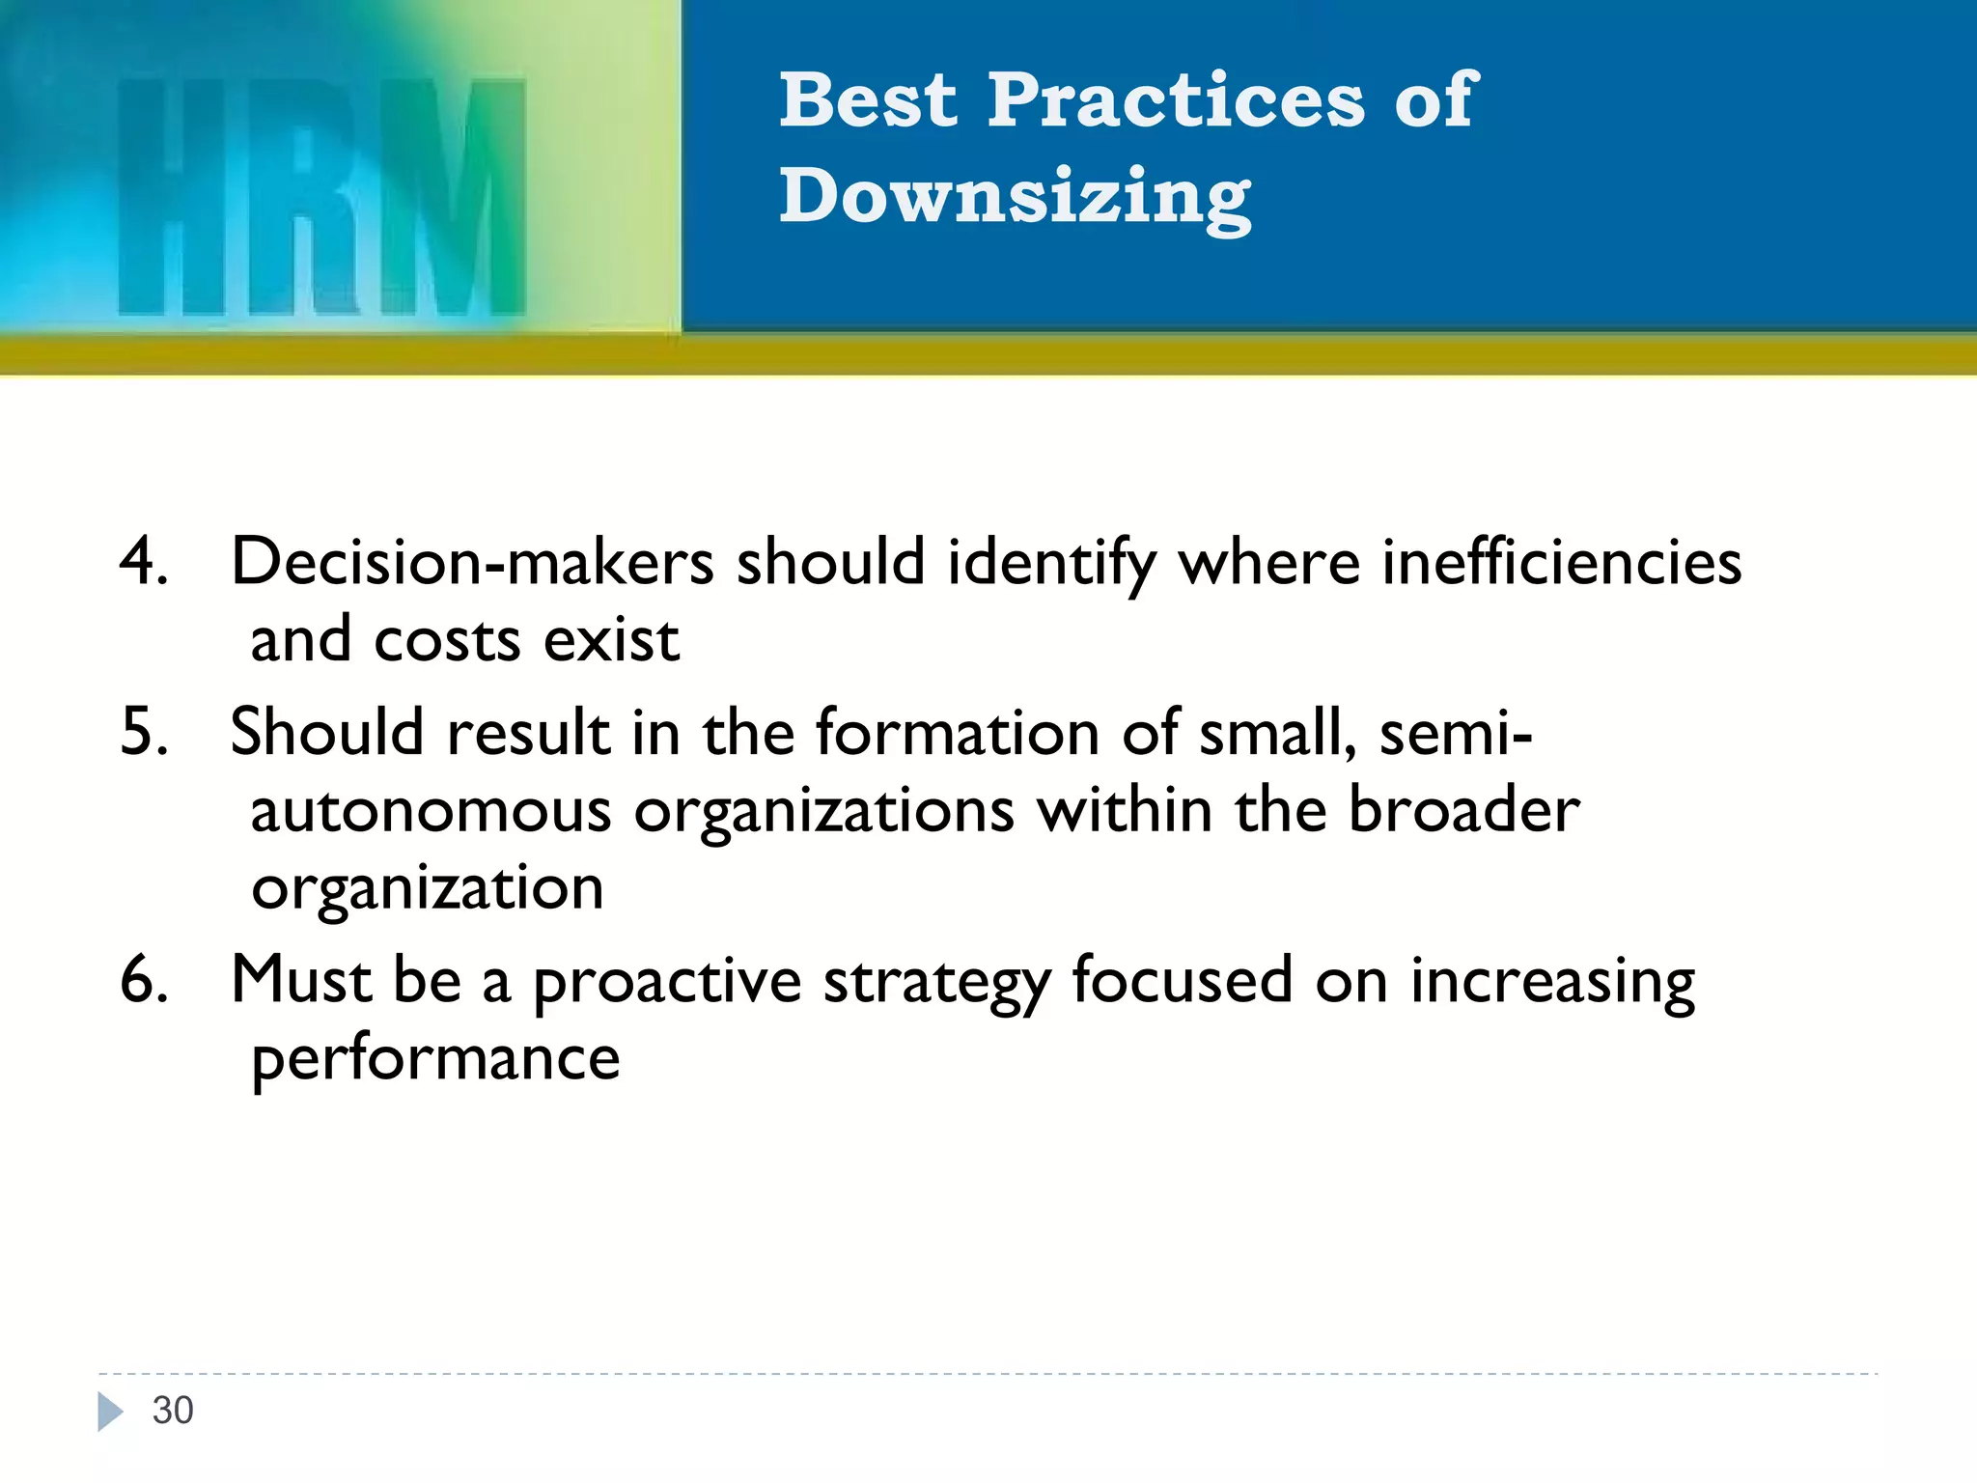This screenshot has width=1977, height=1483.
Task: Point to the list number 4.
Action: click(x=143, y=562)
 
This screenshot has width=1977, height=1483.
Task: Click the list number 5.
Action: click(x=143, y=732)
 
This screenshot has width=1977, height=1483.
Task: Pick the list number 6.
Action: click(x=143, y=980)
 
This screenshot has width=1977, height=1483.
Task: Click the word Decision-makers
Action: click(x=472, y=562)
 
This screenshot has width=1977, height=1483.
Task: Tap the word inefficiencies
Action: click(x=1561, y=562)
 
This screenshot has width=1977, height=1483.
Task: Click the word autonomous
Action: click(x=431, y=811)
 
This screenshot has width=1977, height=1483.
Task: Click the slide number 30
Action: click(x=173, y=1411)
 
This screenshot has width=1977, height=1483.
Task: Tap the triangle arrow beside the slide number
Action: click(x=110, y=1412)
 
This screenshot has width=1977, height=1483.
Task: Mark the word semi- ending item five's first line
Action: click(x=1455, y=732)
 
